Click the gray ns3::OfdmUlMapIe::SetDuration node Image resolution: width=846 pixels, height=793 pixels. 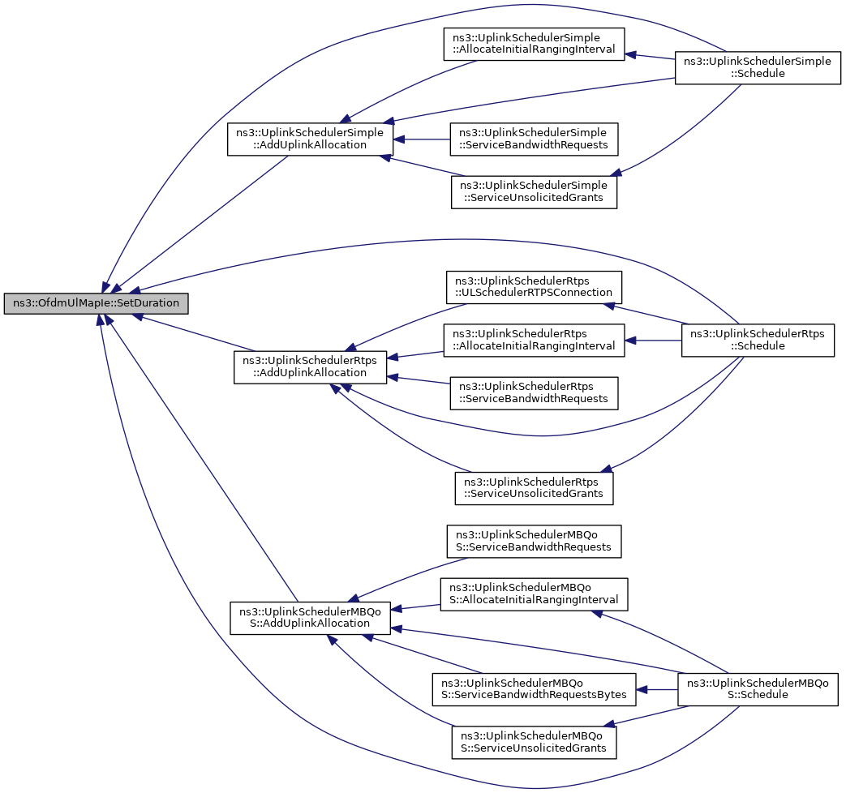[96, 303]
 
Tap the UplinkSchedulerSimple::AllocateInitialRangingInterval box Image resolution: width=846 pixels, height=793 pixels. [534, 45]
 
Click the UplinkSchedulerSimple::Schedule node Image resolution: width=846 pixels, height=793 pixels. [758, 68]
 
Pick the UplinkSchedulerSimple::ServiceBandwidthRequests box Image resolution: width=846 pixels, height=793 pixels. [534, 139]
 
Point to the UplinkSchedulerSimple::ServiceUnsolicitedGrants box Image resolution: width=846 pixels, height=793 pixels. [534, 192]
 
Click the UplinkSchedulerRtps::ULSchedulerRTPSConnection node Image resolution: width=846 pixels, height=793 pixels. [534, 287]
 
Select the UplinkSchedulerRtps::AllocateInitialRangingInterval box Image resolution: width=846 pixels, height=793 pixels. [534, 340]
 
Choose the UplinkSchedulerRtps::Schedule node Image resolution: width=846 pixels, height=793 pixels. [758, 340]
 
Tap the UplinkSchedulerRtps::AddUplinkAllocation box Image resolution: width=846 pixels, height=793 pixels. [310, 367]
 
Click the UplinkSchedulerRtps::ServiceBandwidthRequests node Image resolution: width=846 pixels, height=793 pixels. [534, 393]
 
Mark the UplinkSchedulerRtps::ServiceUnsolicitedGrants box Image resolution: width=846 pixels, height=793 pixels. [534, 488]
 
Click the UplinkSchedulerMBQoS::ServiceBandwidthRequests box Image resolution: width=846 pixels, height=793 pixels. [534, 541]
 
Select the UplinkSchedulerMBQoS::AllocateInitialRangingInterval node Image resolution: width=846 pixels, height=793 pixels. [534, 594]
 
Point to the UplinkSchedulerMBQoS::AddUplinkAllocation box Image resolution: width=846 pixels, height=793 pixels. [310, 618]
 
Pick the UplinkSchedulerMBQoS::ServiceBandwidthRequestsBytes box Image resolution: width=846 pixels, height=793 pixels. [534, 689]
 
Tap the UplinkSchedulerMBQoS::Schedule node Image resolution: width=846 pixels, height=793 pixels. [758, 689]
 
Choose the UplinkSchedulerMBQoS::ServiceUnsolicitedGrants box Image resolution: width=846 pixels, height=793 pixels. [534, 742]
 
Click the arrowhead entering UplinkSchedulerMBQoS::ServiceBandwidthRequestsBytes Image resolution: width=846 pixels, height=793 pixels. [642, 689]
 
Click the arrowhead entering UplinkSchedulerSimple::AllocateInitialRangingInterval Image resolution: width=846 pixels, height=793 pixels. [630, 54]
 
